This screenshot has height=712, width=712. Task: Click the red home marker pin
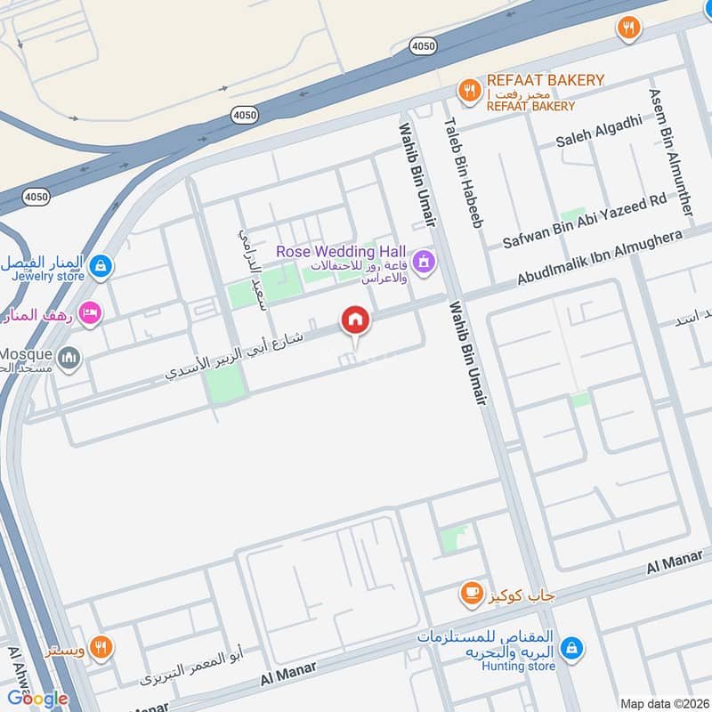tap(355, 320)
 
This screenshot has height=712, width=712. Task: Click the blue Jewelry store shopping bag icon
tap(102, 264)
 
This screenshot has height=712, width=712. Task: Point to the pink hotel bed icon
tap(90, 312)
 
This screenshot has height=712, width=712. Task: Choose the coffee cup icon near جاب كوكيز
tap(470, 593)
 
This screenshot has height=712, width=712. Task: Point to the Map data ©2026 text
tap(663, 704)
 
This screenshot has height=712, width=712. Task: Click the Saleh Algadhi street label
tap(598, 133)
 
